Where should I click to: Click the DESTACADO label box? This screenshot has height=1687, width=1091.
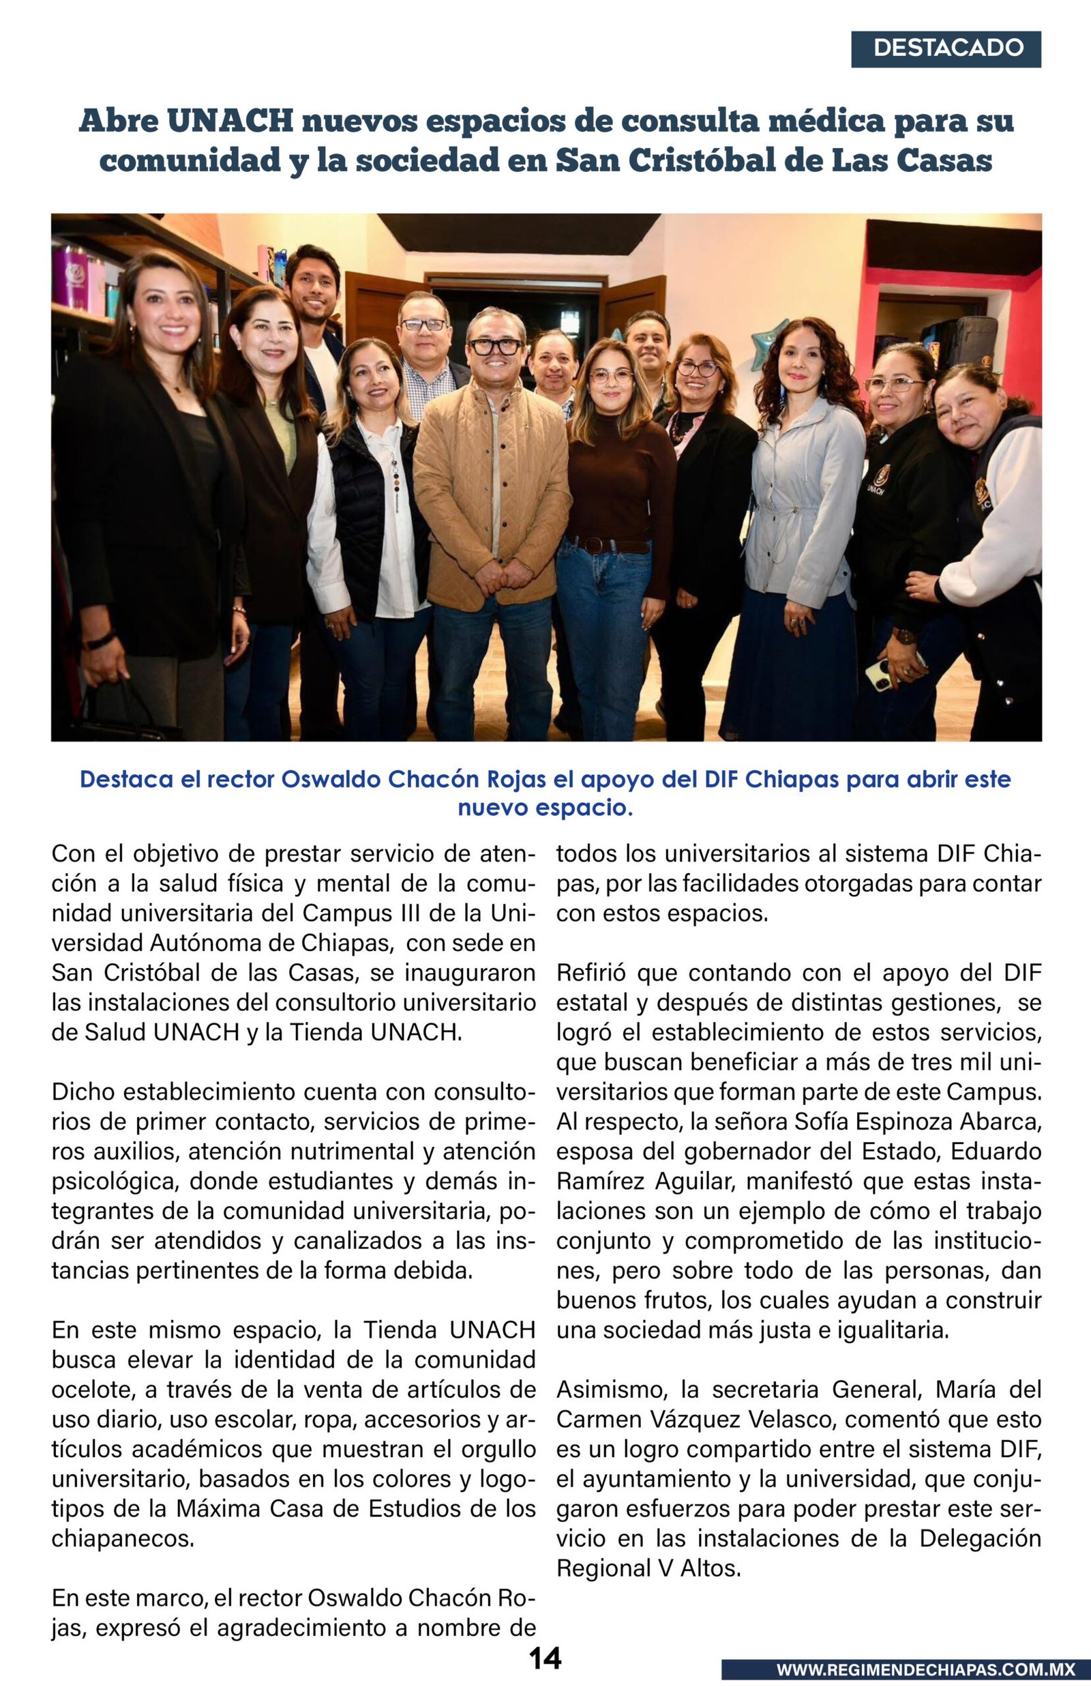pos(946,49)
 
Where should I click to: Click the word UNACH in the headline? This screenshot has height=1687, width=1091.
pos(230,121)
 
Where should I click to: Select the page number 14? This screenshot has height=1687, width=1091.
pos(545,1658)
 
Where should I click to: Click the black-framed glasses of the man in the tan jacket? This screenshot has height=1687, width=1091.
pos(495,347)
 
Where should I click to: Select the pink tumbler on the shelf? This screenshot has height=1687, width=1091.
pos(70,276)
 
